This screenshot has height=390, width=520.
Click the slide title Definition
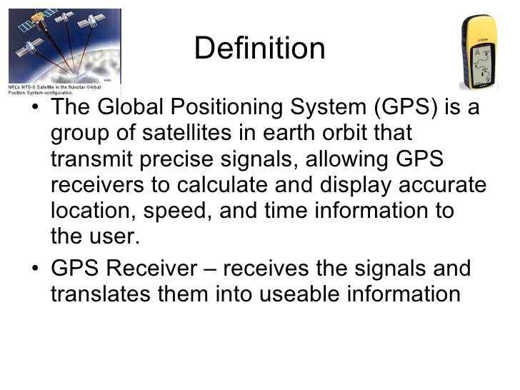click(x=259, y=49)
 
